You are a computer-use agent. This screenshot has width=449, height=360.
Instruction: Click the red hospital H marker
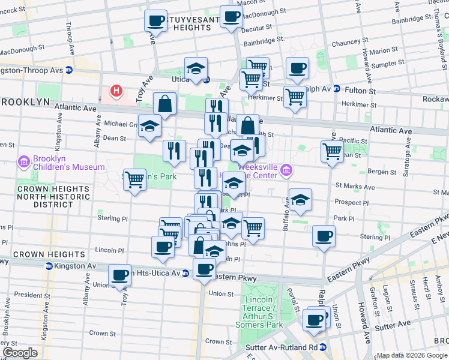(116, 92)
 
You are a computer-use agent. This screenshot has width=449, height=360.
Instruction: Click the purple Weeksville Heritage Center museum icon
(287, 172)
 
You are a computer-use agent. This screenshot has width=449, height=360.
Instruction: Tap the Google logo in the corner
(20, 353)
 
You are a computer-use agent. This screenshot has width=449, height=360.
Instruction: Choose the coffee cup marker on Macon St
(231, 17)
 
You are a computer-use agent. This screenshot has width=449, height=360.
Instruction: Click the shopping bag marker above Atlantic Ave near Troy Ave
(164, 104)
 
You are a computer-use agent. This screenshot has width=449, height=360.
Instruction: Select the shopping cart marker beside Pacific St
(331, 152)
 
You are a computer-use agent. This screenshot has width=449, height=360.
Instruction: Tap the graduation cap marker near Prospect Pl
(300, 200)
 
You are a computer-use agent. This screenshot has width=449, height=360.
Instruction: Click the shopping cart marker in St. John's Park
(134, 178)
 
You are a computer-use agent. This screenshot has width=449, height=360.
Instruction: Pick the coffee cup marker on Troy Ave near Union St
(120, 275)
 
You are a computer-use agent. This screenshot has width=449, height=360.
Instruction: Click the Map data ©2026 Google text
(412, 355)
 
